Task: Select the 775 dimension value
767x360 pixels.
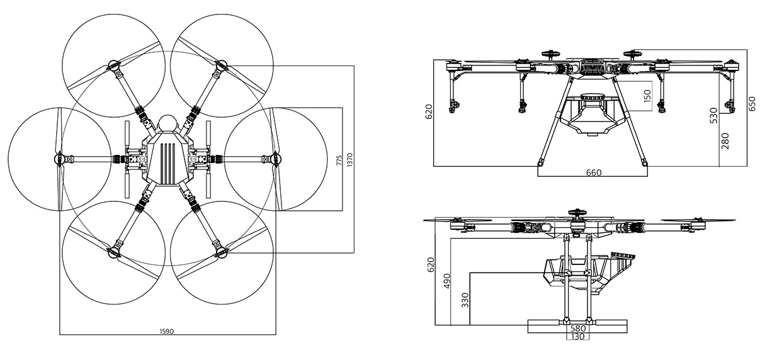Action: pos(339,160)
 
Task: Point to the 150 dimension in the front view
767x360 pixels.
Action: pos(647,96)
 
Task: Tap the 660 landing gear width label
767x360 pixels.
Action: pos(593,172)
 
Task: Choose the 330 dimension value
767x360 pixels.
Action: pos(465,300)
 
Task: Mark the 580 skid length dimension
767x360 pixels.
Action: pos(577,328)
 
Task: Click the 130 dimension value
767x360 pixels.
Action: pos(577,337)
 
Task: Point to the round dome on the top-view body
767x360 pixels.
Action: pos(168,124)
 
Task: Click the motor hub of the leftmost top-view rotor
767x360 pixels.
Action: pos(60,159)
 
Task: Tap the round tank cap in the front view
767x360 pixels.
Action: pos(592,98)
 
